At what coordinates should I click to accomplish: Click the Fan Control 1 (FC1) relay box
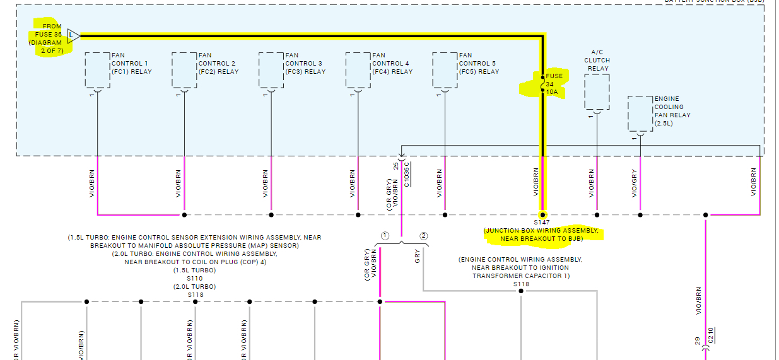point(97,70)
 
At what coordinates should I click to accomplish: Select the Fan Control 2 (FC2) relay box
point(184,70)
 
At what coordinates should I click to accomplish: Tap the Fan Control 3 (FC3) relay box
point(271,70)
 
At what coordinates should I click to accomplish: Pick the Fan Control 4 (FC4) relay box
point(358,70)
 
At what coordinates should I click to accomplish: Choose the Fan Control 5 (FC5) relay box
point(445,70)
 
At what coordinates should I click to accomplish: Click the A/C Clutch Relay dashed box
point(597,92)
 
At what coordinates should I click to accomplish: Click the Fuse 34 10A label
point(554,84)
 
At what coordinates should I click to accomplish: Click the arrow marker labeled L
point(73,35)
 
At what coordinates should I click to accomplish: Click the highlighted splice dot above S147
point(542,215)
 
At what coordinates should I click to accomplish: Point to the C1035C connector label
point(407,174)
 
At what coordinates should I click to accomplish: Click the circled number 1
point(385,236)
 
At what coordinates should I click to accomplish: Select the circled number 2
point(424,236)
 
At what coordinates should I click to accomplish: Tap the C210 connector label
point(710,334)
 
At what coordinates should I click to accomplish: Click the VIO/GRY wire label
point(634,183)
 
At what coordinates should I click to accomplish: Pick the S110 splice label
point(195,278)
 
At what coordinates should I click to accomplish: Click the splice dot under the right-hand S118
point(521,291)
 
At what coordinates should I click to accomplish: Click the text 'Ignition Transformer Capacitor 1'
point(520,276)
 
